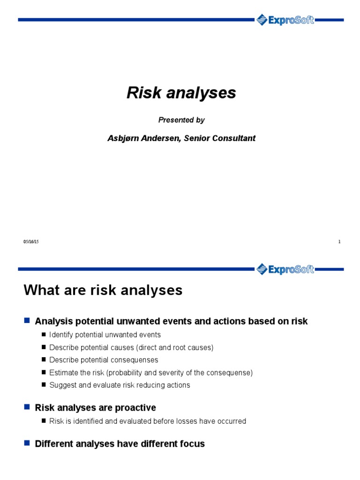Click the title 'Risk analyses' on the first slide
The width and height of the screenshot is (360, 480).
tap(181, 93)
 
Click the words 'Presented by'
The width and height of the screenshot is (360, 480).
tap(181, 120)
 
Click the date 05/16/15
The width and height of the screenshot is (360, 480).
tap(31, 242)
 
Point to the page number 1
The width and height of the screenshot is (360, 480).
tap(339, 242)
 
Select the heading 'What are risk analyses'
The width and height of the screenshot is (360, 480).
tap(103, 291)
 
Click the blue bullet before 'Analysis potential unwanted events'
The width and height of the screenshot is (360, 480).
tap(27, 321)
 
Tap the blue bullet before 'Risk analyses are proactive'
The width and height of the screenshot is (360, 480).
tap(27, 407)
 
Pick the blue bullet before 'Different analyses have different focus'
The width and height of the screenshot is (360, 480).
tap(27, 443)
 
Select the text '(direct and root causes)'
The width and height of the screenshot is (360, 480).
tap(175, 347)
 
